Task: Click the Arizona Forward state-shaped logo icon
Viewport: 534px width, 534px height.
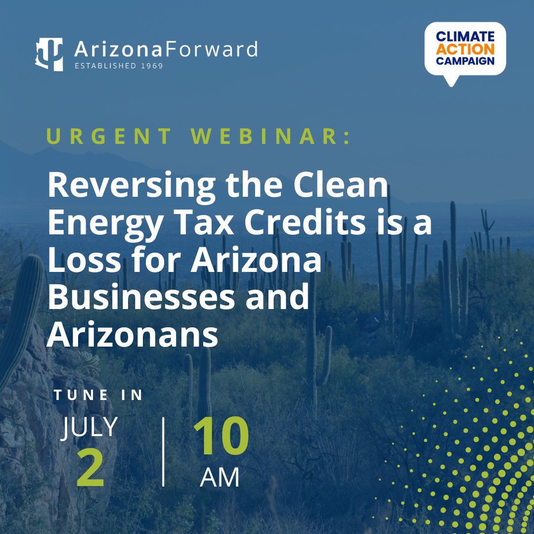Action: pyautogui.click(x=49, y=54)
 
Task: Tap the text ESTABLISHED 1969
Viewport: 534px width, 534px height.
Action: pyautogui.click(x=119, y=65)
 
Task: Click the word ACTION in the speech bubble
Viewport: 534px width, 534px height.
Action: pyautogui.click(x=465, y=49)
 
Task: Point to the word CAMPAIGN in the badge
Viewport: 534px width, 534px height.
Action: pyautogui.click(x=465, y=61)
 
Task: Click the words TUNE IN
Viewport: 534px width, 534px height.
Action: pyautogui.click(x=99, y=395)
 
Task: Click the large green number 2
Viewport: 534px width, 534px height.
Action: pyautogui.click(x=90, y=470)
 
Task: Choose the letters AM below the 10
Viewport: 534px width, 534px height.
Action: pyautogui.click(x=220, y=477)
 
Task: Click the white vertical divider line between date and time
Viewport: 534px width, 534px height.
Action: pyautogui.click(x=163, y=451)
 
